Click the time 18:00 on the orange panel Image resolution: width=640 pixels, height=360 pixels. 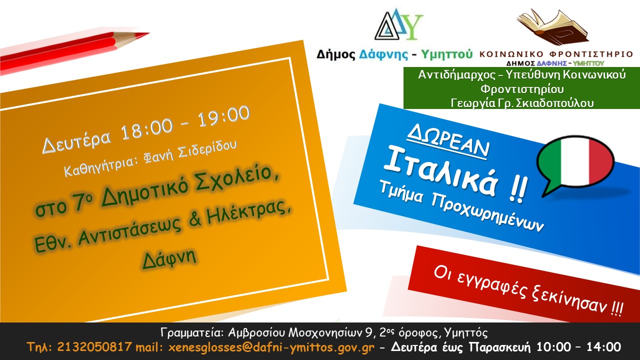146,128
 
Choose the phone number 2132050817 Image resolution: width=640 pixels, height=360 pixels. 94,347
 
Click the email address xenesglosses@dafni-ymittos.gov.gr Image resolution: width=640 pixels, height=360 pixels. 271,347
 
